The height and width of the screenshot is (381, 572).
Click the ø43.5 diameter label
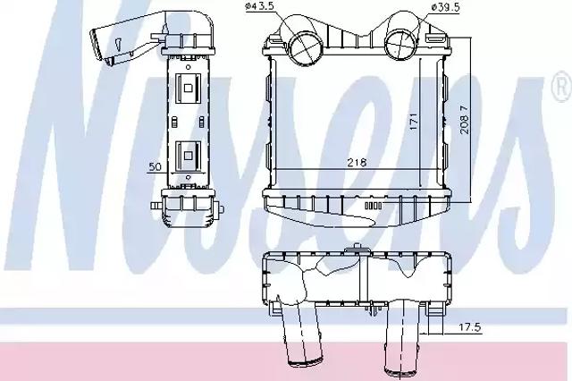[259, 6]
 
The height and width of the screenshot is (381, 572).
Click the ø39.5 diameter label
[445, 7]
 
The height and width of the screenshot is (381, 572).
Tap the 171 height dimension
[413, 122]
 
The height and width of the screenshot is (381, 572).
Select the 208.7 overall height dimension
[465, 120]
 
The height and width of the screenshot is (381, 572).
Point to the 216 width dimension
[357, 162]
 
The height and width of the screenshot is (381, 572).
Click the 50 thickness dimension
[155, 166]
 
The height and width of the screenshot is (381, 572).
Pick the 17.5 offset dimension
[469, 327]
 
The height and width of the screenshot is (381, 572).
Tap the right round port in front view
[400, 45]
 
